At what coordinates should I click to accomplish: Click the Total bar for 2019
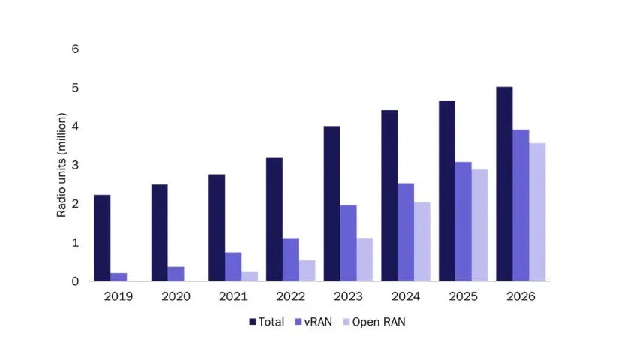(x=102, y=238)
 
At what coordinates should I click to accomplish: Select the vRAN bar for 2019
(x=118, y=277)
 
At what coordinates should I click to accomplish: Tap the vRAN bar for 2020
(x=175, y=274)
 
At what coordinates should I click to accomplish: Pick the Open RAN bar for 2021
(x=250, y=276)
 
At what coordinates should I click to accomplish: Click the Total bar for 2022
(x=274, y=219)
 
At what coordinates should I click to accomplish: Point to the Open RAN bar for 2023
(x=364, y=259)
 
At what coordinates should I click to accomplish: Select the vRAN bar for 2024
(x=405, y=232)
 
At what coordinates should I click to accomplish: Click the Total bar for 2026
(x=504, y=184)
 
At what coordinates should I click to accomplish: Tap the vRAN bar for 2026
(x=520, y=205)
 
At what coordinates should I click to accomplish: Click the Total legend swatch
(x=253, y=322)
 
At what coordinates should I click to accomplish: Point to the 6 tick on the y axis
(x=75, y=49)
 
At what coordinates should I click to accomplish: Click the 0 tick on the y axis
(x=75, y=281)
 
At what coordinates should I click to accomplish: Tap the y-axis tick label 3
(x=75, y=165)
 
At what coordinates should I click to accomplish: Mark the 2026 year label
(x=520, y=296)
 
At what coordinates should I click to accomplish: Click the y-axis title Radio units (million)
(x=62, y=165)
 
